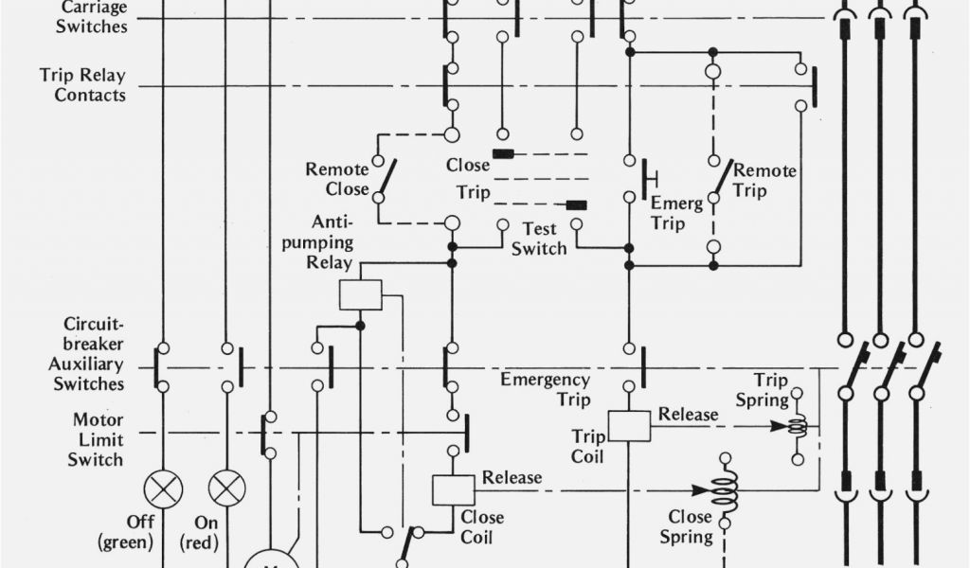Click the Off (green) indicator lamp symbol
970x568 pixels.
point(163,489)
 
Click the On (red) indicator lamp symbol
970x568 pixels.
point(226,489)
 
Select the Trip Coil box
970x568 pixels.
point(629,426)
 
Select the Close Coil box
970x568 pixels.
point(453,489)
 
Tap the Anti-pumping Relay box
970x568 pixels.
point(360,294)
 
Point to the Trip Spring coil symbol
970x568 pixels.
point(797,426)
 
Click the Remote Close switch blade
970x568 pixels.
point(386,177)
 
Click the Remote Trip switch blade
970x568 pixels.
point(723,177)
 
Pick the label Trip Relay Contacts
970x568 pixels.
point(82,84)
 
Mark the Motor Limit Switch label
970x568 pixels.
point(99,439)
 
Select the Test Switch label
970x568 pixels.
point(539,239)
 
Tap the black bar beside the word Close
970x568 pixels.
point(503,153)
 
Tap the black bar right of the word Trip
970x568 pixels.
point(576,204)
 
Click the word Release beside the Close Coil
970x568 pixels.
point(512,477)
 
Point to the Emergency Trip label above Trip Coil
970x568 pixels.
point(545,389)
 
